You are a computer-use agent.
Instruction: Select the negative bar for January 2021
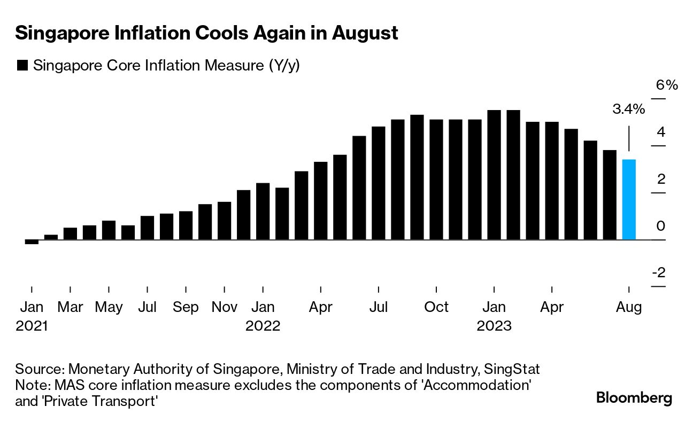[32, 242]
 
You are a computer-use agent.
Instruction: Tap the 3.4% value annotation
[628, 110]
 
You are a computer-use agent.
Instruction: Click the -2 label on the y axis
[659, 273]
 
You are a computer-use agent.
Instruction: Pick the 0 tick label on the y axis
[661, 226]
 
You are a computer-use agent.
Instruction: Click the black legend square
[22, 66]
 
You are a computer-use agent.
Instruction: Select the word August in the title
[365, 34]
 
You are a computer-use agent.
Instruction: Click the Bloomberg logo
[634, 398]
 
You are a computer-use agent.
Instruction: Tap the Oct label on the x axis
[436, 307]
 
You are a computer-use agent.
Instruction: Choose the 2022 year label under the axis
[263, 326]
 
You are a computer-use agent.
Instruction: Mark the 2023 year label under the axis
[494, 326]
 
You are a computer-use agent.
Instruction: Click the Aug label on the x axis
[629, 307]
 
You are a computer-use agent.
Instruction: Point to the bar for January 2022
[263, 211]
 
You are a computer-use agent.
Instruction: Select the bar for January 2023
[494, 175]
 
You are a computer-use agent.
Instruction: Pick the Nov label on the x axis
[225, 307]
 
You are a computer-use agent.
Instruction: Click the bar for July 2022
[379, 183]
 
